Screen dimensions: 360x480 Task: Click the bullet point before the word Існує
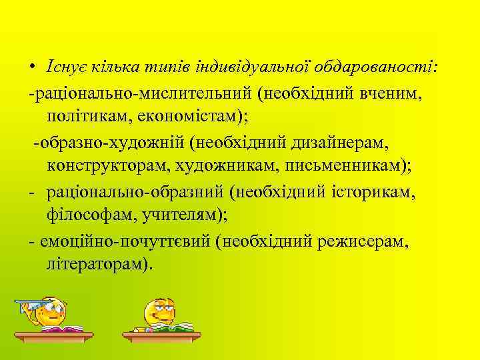[31, 68]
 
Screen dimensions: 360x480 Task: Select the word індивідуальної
[258, 68]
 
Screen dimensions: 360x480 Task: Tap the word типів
[174, 68]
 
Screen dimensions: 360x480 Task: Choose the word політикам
[85, 117]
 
